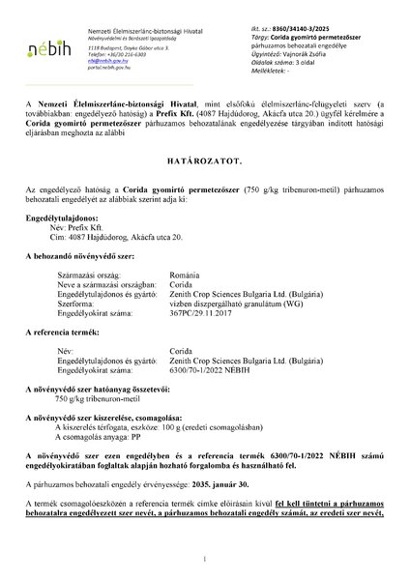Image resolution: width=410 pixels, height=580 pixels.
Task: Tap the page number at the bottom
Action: coord(205,559)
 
